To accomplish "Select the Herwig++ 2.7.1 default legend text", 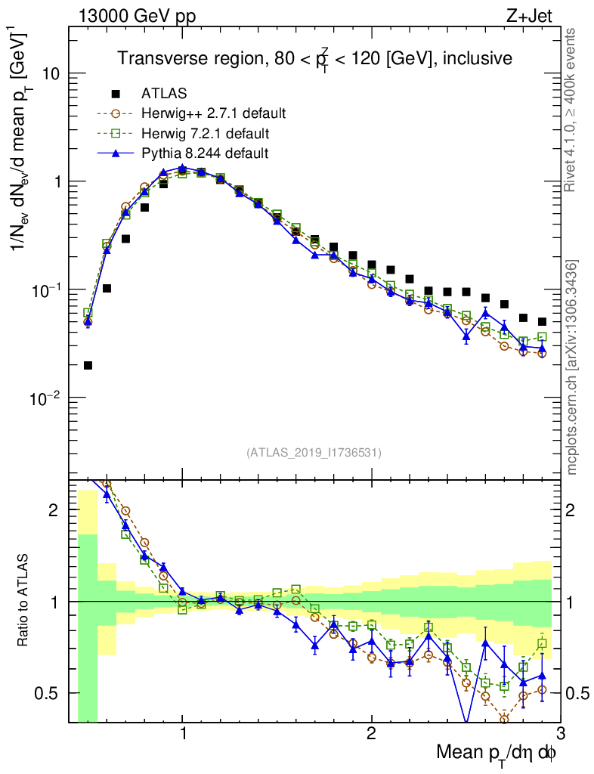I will click(213, 114).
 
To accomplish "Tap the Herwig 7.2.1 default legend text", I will click(206, 134).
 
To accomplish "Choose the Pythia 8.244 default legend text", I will click(205, 153).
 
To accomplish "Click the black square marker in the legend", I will click(116, 94).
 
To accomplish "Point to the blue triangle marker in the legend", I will click(116, 153).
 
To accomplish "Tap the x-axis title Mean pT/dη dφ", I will click(497, 754).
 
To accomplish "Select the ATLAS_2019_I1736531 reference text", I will click(314, 454).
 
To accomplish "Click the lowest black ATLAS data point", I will click(88, 366).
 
